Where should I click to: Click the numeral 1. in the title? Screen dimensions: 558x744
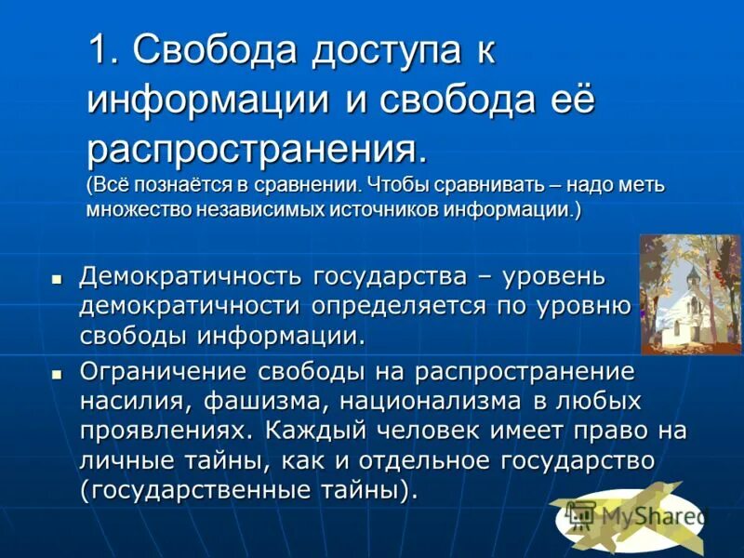click(103, 51)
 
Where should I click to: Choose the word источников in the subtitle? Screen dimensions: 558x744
click(382, 208)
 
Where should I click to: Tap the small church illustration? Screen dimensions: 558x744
click(689, 294)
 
